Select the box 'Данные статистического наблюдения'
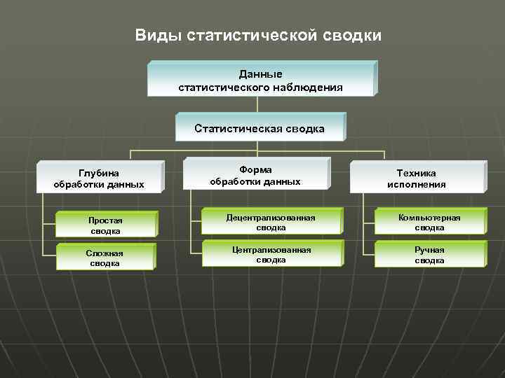261,79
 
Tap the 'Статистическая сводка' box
259,128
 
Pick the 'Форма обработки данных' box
255,176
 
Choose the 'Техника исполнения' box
416,178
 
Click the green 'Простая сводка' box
105,225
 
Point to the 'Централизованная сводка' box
270,254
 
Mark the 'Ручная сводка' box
429,255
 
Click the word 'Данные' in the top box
260,73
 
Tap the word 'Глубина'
99,173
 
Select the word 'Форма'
255,169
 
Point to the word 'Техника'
416,173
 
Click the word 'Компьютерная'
429,218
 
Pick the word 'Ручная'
429,249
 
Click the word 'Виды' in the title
159,35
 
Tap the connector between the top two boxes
259,104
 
